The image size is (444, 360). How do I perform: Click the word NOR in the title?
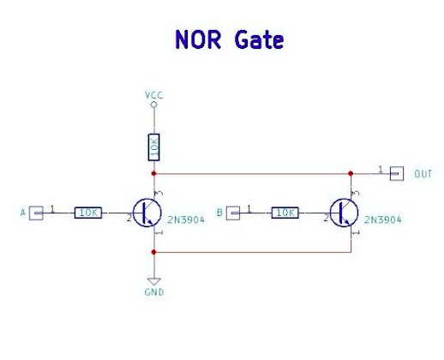(198, 39)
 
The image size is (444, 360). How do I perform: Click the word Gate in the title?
(259, 39)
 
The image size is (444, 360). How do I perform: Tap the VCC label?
(153, 95)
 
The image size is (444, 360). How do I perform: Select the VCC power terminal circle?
(153, 105)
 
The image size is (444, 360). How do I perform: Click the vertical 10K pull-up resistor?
(153, 147)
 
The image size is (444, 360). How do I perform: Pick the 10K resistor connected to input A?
(88, 213)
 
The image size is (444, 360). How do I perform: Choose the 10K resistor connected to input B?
(285, 213)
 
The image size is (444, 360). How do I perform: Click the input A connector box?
(36, 213)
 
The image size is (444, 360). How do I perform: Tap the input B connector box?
(233, 213)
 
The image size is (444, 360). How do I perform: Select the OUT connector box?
(397, 174)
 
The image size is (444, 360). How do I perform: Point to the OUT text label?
(423, 174)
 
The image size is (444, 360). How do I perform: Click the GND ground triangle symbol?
(154, 281)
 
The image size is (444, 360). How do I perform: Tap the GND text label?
(154, 292)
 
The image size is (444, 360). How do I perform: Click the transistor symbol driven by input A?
(147, 213)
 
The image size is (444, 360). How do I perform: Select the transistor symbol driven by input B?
(344, 213)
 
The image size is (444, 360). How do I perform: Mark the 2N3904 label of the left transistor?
(186, 219)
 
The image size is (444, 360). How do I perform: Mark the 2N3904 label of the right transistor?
(383, 219)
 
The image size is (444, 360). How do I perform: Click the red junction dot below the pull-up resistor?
(153, 173)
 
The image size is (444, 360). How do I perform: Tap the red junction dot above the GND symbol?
(153, 252)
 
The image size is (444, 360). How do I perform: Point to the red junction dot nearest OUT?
(351, 173)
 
